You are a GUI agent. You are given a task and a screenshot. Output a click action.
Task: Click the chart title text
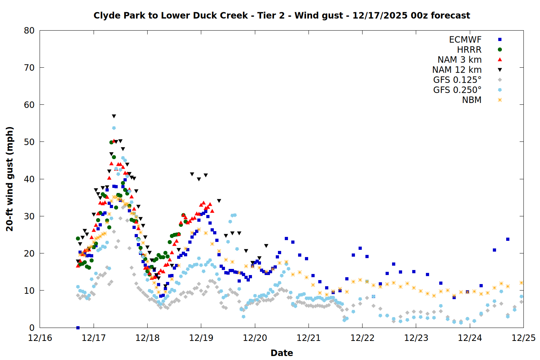(282, 15)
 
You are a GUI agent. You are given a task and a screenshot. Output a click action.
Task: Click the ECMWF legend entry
(465, 40)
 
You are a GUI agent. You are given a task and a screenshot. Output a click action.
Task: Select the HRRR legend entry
(469, 50)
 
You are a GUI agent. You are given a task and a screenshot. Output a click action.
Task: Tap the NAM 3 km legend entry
(459, 60)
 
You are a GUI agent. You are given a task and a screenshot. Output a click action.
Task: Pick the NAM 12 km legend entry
(457, 70)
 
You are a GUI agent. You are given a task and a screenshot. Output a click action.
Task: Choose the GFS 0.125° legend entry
(457, 80)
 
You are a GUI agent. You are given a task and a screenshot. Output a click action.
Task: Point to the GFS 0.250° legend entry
(457, 90)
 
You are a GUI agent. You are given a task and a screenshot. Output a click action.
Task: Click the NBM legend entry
(472, 100)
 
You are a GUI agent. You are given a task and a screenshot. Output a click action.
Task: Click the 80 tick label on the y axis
(29, 31)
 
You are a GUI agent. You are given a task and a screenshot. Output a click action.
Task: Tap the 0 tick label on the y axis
(32, 328)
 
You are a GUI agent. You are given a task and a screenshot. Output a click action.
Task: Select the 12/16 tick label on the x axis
(40, 338)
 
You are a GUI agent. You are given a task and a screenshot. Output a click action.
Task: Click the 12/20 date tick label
(255, 338)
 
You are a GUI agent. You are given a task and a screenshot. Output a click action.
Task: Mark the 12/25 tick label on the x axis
(523, 338)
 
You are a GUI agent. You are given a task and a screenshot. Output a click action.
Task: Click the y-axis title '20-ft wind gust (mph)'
(10, 179)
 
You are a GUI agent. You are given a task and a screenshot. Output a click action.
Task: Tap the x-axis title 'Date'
(282, 353)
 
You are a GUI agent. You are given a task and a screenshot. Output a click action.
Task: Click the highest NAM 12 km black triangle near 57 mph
(114, 116)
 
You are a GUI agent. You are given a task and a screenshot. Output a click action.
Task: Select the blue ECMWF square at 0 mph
(78, 328)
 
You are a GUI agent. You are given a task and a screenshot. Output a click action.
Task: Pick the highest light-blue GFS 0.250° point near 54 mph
(114, 128)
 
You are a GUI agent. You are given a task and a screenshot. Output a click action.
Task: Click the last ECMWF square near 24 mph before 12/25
(508, 239)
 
